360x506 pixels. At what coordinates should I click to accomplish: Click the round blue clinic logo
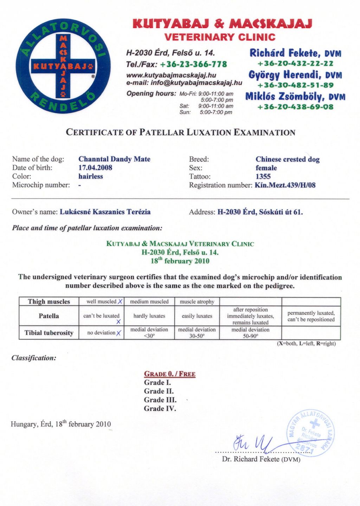(63, 66)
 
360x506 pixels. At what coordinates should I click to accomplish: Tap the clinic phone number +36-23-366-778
(193, 64)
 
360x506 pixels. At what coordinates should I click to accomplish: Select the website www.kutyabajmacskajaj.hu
(171, 75)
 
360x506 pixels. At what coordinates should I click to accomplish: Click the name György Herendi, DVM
(295, 75)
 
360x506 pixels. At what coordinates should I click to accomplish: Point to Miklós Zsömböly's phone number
(295, 107)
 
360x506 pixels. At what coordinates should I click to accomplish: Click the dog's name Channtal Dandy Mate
(114, 159)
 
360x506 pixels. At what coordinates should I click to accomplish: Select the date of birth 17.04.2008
(95, 168)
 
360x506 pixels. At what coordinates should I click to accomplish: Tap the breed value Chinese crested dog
(288, 159)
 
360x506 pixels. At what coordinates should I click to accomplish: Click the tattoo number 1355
(263, 176)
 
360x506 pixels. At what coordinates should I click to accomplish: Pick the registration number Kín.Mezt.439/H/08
(285, 185)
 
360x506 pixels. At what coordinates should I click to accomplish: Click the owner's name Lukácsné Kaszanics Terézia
(105, 212)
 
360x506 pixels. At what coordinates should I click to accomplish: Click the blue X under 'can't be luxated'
(118, 322)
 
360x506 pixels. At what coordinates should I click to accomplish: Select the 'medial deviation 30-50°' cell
(197, 332)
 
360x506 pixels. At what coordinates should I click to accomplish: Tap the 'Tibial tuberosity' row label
(49, 333)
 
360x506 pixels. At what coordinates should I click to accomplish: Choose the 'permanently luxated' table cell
(311, 316)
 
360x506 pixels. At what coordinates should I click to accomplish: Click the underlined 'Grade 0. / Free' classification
(170, 374)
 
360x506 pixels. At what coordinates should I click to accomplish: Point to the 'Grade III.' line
(160, 400)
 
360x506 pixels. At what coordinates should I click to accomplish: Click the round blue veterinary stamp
(311, 433)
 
